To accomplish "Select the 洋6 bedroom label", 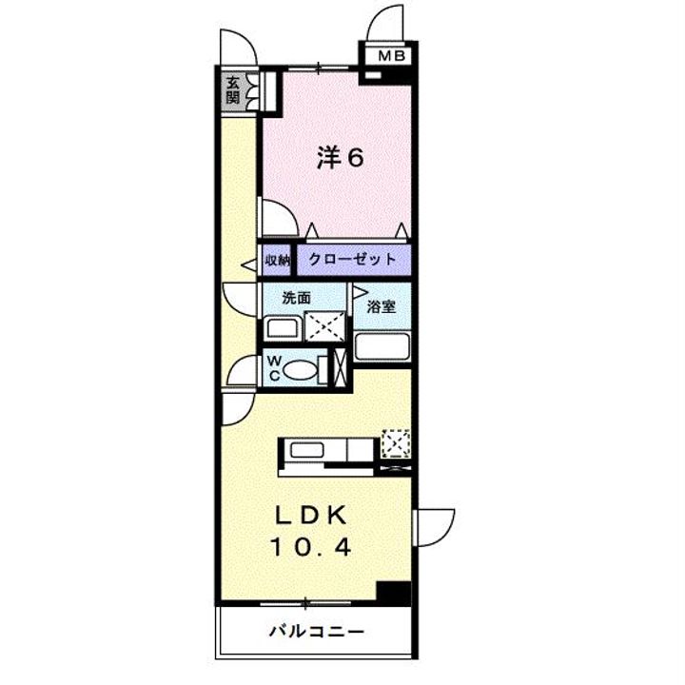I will point(341,158).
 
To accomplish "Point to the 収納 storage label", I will point(277,260).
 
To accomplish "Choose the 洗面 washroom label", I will point(296,297).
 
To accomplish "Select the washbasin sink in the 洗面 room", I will point(282,329).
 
